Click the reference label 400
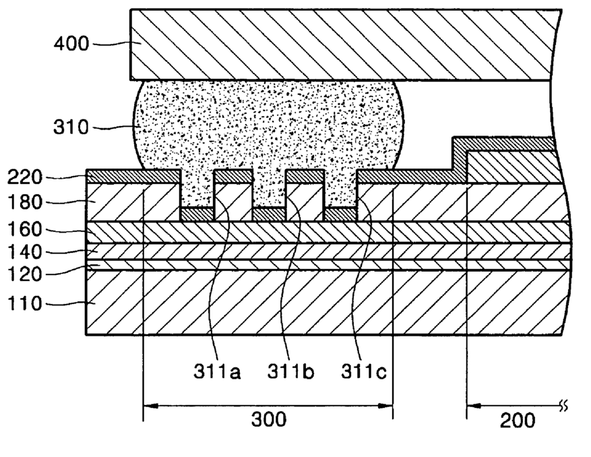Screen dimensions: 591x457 [x=71, y=44]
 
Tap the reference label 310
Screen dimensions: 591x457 [x=71, y=127]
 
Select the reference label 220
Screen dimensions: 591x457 [x=25, y=178]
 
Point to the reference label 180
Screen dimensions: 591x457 [x=25, y=202]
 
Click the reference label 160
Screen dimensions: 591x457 [x=25, y=230]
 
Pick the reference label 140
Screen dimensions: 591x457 [x=25, y=252]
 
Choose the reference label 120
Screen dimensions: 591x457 [x=25, y=275]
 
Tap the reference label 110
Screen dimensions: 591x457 [x=25, y=304]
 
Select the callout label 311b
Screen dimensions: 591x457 [x=290, y=370]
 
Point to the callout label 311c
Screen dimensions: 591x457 [x=364, y=370]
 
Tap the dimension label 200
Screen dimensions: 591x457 [x=518, y=420]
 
